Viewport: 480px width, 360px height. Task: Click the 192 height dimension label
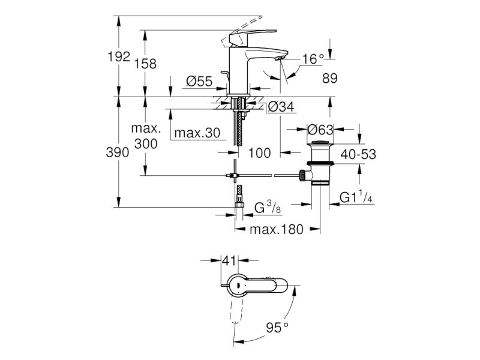click(x=119, y=56)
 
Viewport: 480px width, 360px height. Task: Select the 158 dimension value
click(x=145, y=64)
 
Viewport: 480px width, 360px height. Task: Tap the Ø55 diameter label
click(x=199, y=82)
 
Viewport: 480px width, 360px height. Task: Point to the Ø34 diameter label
click(x=281, y=107)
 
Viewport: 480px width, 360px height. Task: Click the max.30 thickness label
click(x=197, y=133)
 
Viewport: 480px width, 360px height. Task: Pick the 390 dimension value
click(x=118, y=152)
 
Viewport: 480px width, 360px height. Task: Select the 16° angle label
click(x=313, y=59)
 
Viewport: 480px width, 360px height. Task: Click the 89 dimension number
click(x=329, y=79)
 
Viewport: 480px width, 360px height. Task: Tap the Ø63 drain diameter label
click(x=320, y=130)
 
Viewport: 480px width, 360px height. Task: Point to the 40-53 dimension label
click(x=358, y=154)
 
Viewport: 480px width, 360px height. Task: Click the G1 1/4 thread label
click(x=356, y=197)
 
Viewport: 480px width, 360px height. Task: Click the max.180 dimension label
click(x=277, y=229)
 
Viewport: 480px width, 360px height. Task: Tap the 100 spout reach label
click(x=259, y=153)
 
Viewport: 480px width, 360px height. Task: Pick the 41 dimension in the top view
click(x=230, y=261)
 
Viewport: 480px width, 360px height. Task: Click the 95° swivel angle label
click(x=277, y=328)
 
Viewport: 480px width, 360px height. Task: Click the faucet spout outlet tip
click(x=280, y=58)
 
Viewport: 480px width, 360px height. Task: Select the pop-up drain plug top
click(x=320, y=142)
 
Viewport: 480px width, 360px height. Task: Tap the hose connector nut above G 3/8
click(x=239, y=205)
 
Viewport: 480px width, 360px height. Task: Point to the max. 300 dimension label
click(x=146, y=136)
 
